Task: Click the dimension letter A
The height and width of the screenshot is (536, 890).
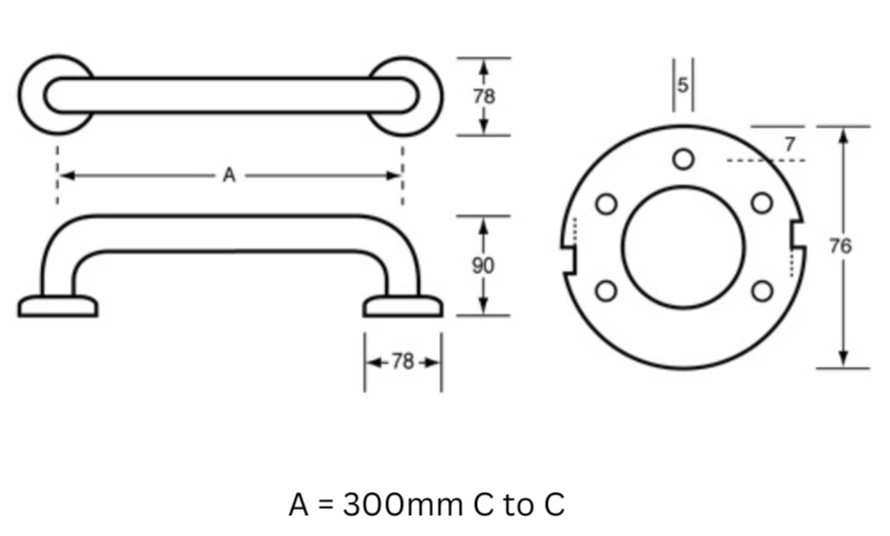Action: [228, 176]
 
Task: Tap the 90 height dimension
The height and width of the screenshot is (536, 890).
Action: [483, 266]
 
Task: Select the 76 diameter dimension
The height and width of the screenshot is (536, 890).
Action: [841, 247]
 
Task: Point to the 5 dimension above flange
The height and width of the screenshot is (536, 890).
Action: [682, 85]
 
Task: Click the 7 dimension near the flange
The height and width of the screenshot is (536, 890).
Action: [789, 144]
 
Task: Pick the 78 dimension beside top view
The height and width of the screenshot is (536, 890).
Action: [484, 97]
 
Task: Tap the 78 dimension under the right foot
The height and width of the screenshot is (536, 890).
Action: [403, 361]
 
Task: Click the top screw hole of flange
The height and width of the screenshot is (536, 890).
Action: [683, 159]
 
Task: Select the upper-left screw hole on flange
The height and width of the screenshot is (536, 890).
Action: [607, 204]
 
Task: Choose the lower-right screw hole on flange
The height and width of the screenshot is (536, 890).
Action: [761, 290]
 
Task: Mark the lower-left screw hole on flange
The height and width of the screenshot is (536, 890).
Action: [607, 290]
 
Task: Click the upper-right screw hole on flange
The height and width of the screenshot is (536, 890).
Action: [761, 203]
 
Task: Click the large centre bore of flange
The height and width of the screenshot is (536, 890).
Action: [683, 247]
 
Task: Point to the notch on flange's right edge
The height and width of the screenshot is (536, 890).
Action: [798, 234]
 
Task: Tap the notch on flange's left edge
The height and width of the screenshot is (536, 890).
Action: [569, 261]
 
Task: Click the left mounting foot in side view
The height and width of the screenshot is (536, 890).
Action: [58, 306]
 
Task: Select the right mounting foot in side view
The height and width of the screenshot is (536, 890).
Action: [403, 306]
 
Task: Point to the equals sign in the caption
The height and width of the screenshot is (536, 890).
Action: [325, 505]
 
